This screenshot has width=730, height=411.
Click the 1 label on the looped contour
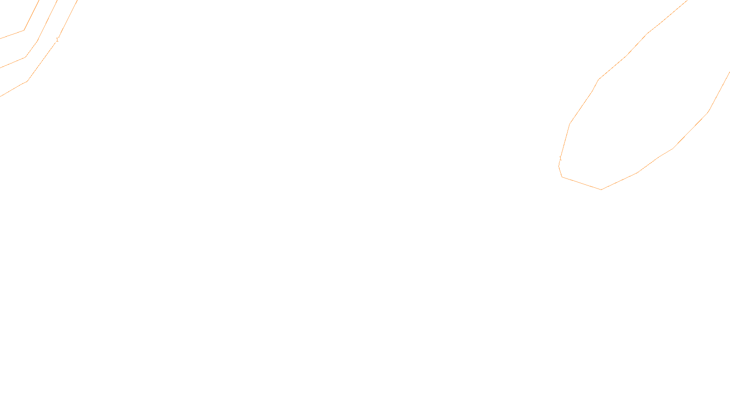560,159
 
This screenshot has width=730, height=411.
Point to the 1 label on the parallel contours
57,40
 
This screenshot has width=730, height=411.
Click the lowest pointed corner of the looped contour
601,189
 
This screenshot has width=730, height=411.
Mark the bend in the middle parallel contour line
26,57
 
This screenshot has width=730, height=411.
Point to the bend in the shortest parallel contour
24,30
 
